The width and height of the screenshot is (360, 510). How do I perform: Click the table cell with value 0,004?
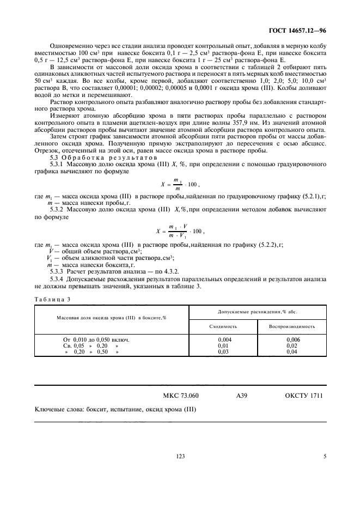tap(223, 339)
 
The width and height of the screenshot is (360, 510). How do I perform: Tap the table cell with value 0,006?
tap(293, 339)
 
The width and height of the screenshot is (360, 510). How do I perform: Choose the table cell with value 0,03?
tap(223, 352)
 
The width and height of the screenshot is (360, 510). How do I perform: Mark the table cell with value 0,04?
tap(293, 352)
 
